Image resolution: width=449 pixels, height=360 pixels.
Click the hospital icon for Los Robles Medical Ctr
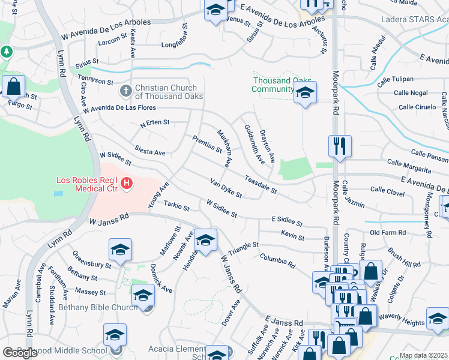[126, 184]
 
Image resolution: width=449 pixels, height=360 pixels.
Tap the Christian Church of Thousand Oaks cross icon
[125, 91]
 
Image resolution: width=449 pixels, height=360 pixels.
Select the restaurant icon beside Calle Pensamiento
[340, 146]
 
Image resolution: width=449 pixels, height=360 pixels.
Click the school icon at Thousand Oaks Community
[305, 93]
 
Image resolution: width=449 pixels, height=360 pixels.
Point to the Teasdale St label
[260, 184]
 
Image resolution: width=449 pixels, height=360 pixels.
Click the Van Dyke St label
[226, 188]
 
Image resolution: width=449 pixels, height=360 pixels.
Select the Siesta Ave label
[150, 152]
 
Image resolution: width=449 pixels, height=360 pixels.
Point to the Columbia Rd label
[277, 260]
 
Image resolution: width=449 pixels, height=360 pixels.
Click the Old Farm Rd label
[388, 233]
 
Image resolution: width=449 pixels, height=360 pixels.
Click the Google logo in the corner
[20, 353]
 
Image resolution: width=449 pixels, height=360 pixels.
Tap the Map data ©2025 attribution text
[424, 355]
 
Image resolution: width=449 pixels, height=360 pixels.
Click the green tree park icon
[7, 52]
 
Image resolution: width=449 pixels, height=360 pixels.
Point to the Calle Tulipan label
[396, 79]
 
